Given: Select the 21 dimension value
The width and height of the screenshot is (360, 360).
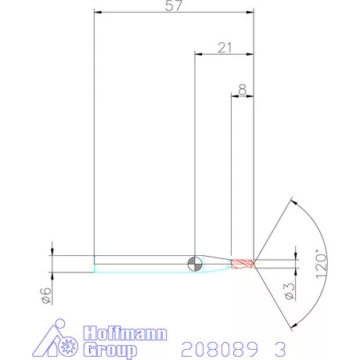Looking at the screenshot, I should [225, 48].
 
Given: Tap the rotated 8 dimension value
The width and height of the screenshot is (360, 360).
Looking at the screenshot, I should [243, 91].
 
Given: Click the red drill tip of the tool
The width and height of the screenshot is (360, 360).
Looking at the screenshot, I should [243, 263].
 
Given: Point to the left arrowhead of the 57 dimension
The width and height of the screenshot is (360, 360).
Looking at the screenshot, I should [97, 12].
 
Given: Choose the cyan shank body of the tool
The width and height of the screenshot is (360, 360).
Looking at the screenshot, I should [141, 264].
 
